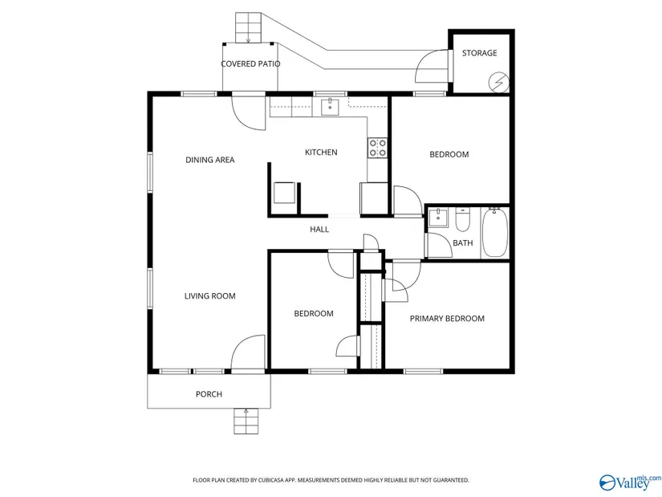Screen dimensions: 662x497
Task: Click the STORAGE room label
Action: [x=479, y=53]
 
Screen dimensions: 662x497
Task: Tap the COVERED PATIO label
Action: [x=250, y=63]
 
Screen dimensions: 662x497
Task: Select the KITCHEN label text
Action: [x=321, y=152]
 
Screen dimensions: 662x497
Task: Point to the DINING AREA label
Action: [x=209, y=160]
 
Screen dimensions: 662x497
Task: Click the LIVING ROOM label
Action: [x=209, y=295]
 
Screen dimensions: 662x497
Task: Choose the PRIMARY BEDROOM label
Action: [x=447, y=318]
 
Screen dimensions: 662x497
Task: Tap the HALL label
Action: [x=319, y=229]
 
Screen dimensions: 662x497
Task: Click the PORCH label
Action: [x=209, y=394]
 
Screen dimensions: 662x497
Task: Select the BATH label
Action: [x=463, y=243]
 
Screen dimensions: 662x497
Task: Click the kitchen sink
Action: [x=330, y=107]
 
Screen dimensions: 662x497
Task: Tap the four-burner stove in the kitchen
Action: [x=377, y=148]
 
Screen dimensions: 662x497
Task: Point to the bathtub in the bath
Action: [x=495, y=232]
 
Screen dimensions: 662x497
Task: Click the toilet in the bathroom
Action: [x=463, y=219]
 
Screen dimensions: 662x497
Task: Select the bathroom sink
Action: [x=438, y=218]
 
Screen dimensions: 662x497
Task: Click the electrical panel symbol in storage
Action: [x=498, y=83]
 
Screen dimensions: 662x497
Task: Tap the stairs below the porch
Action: [x=246, y=421]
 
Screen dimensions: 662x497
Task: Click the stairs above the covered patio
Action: [x=248, y=28]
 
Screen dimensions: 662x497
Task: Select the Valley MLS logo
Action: [x=631, y=482]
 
